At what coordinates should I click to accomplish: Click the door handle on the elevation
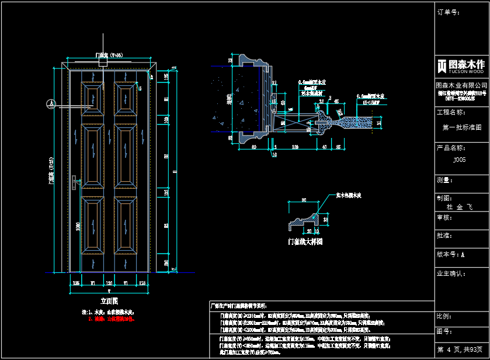pos(75,183)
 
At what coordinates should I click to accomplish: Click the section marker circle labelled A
pos(51,103)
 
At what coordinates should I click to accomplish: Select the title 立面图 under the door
pos(109,302)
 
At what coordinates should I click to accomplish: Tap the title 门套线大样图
pos(305,241)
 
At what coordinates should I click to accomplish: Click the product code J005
pos(460,159)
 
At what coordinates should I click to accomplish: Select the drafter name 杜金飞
pos(459,207)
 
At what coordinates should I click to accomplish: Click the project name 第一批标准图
pos(462,127)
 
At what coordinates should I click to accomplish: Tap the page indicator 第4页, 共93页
pos(462,349)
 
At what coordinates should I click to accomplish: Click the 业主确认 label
pos(450,273)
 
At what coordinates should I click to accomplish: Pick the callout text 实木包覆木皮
pos(349,195)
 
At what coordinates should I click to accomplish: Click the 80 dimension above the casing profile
pos(303,200)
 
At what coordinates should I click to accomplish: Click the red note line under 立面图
pos(111,319)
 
